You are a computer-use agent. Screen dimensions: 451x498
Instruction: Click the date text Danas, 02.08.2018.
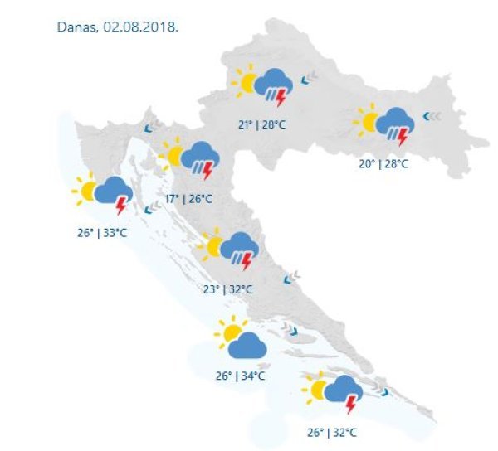[117, 27]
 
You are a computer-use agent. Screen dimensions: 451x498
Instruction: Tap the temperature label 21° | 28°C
[262, 124]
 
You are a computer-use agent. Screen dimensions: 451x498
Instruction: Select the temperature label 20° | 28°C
[383, 163]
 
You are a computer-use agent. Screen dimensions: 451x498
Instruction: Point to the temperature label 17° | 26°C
[188, 199]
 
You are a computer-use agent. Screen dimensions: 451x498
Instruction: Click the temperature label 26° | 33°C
[102, 233]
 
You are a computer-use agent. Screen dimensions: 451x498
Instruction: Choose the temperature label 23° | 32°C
[227, 289]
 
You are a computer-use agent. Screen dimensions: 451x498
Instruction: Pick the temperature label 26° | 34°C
[240, 376]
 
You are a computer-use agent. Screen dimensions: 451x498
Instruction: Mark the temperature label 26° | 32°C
[332, 433]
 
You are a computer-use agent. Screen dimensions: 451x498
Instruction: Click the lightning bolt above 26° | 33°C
[122, 204]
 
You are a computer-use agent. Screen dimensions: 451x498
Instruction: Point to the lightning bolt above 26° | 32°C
[351, 405]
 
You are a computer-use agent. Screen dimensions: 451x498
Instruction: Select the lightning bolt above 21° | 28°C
[281, 98]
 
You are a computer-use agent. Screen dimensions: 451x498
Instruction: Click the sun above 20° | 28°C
[369, 121]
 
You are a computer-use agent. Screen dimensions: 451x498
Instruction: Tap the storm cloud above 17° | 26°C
[199, 156]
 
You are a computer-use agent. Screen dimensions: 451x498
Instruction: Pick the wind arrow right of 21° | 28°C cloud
[310, 80]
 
